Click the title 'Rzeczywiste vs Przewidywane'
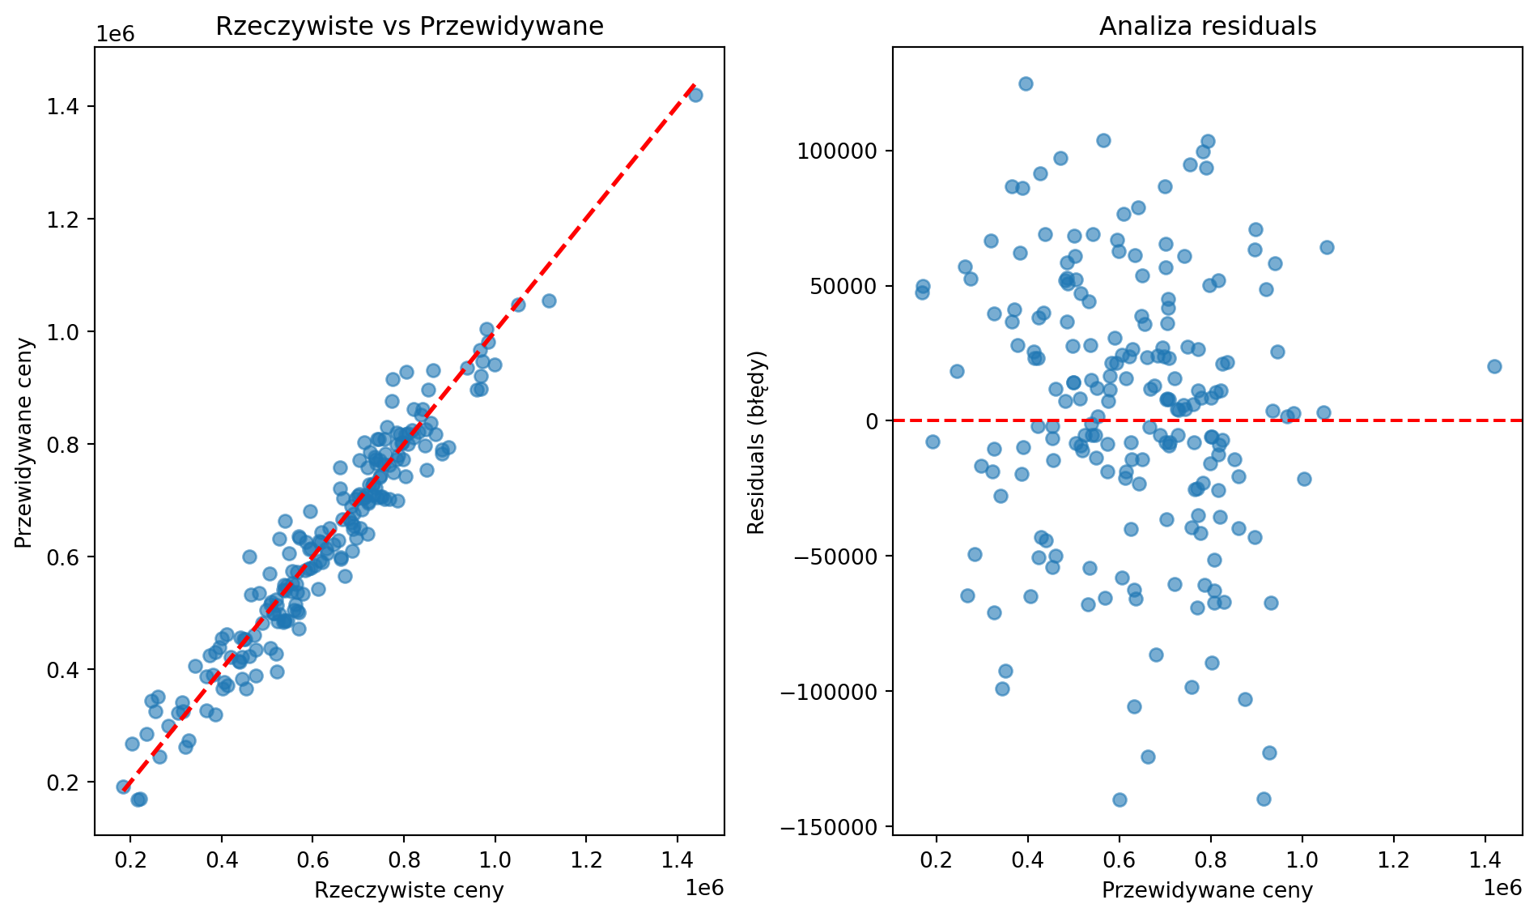[409, 27]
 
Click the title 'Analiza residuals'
[1207, 27]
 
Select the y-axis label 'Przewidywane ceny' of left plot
[24, 442]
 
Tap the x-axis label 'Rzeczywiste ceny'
[409, 890]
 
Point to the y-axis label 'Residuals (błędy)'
[756, 442]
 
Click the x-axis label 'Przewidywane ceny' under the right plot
[1207, 890]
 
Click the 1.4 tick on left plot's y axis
[69, 106]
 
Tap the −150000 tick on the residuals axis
[829, 826]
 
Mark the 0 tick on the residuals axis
[871, 420]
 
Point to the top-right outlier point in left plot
[695, 95]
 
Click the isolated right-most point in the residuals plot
[1494, 366]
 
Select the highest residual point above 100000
[1026, 83]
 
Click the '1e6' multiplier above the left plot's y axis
[115, 34]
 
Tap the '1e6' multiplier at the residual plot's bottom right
[1502, 888]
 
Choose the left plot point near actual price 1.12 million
[549, 301]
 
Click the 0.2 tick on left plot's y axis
[69, 782]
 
